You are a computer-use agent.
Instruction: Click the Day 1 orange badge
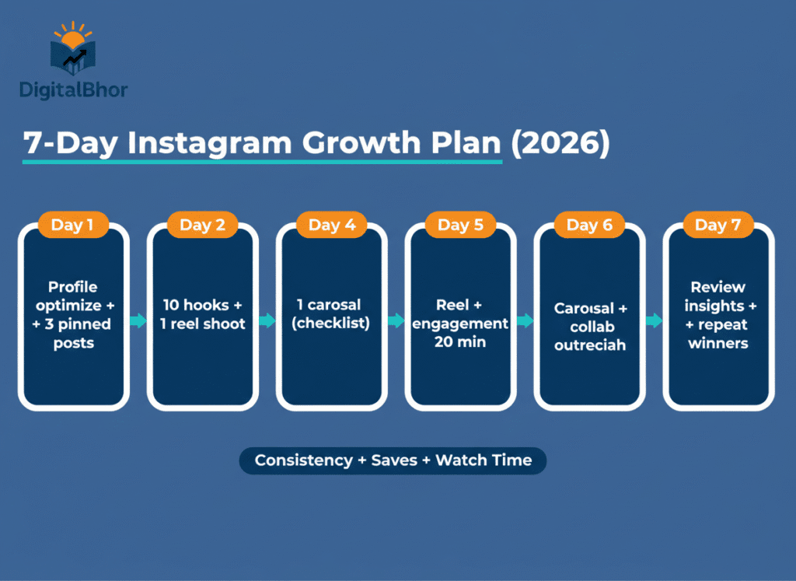(72, 226)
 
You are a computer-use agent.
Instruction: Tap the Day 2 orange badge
(202, 226)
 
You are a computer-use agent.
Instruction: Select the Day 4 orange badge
(332, 226)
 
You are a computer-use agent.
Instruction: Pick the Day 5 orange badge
(460, 226)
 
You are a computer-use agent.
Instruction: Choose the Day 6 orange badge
(589, 226)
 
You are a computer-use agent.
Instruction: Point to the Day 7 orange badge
(718, 226)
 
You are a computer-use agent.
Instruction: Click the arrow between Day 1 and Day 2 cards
(138, 321)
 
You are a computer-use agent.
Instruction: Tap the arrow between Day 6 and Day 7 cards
(654, 321)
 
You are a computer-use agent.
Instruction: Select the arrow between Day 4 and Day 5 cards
(396, 321)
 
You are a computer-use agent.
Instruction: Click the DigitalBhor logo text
(74, 89)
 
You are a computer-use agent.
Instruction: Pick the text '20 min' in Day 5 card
(459, 342)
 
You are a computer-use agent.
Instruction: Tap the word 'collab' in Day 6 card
(590, 327)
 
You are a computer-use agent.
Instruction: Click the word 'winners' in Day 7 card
(718, 342)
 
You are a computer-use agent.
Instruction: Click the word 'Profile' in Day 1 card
(73, 287)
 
